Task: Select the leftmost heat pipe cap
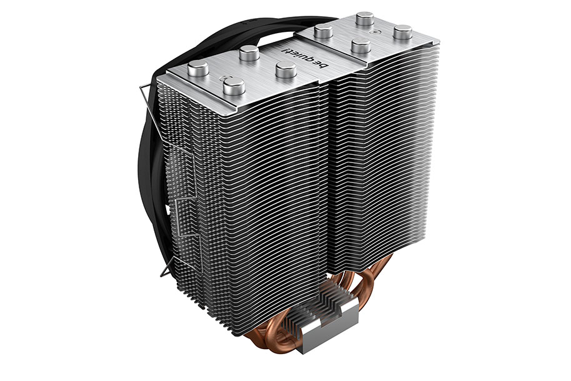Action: (198, 69)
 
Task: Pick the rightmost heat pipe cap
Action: (403, 32)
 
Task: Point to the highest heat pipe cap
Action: (365, 19)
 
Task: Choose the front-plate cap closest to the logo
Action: (286, 71)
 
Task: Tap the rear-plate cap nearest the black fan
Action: (324, 32)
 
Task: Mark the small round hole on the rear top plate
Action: (372, 32)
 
